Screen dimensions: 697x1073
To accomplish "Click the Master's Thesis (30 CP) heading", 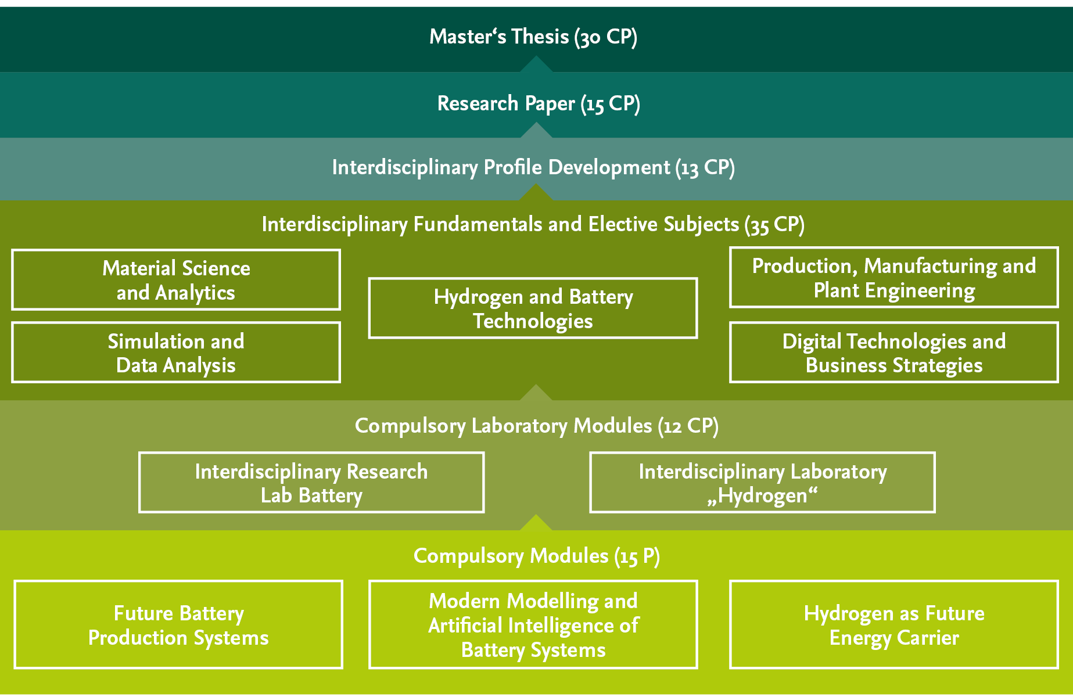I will pyautogui.click(x=533, y=37).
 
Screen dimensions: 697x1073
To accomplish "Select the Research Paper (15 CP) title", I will pyautogui.click(x=539, y=103).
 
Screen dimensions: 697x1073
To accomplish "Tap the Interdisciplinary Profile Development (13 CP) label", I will pyautogui.click(x=533, y=167).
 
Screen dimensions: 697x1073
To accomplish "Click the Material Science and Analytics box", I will pyautogui.click(x=176, y=280).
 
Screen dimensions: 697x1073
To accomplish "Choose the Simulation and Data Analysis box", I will pyautogui.click(x=176, y=353).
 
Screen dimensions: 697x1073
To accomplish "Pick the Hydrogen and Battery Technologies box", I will pyautogui.click(x=533, y=308).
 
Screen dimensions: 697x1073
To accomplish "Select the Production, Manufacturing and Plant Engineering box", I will pyautogui.click(x=893, y=278).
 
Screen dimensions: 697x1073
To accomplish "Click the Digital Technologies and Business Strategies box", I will pyautogui.click(x=893, y=353).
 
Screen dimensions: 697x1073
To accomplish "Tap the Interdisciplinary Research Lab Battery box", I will pyautogui.click(x=311, y=483).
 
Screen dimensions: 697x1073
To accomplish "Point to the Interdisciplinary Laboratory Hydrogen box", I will pyautogui.click(x=762, y=483).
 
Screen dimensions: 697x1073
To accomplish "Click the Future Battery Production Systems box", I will pyautogui.click(x=178, y=624).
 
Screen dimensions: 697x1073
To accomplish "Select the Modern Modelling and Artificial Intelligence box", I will pyautogui.click(x=533, y=624).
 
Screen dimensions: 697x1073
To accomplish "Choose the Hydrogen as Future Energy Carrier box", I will pyautogui.click(x=893, y=624).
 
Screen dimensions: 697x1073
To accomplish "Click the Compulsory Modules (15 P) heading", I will pyautogui.click(x=536, y=556).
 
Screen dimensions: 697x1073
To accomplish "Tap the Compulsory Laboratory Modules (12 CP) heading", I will pyautogui.click(x=536, y=426).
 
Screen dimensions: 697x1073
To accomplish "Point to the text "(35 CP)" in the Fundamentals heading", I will pyautogui.click(x=774, y=225).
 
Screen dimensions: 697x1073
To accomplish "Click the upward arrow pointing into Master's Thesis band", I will pyautogui.click(x=536, y=65).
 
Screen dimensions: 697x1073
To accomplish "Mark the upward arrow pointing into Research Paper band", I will pyautogui.click(x=536, y=131).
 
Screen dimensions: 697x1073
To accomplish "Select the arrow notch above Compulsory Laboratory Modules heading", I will pyautogui.click(x=536, y=393).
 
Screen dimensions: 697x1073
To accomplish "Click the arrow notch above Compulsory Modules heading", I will pyautogui.click(x=536, y=523).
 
